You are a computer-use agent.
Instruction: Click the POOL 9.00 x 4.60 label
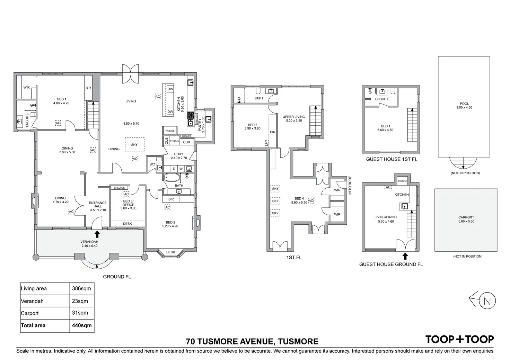(x=464, y=106)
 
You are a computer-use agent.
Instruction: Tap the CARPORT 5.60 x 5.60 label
(x=466, y=219)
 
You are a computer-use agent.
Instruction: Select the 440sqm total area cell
(x=82, y=325)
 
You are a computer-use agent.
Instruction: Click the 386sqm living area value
(x=81, y=288)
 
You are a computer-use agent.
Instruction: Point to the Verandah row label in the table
(x=32, y=301)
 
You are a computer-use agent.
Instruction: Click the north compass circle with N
(x=487, y=301)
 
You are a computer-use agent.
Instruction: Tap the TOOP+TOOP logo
(x=460, y=339)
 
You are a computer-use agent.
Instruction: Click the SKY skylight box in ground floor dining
(x=134, y=144)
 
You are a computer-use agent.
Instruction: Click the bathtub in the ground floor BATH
(x=172, y=177)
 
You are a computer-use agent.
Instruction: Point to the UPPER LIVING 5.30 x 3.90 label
(x=294, y=118)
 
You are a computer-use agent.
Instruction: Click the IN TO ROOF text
(x=350, y=185)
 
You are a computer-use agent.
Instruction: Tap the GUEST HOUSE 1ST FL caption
(x=392, y=159)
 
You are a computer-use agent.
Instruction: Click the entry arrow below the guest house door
(x=405, y=256)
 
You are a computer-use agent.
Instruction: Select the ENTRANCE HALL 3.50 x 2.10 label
(x=98, y=206)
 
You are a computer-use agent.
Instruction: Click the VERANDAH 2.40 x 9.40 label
(x=89, y=244)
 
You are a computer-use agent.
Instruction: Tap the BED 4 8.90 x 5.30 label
(x=299, y=200)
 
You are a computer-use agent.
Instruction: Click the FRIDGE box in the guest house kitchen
(x=402, y=181)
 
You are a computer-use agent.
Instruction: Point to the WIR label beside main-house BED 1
(x=26, y=87)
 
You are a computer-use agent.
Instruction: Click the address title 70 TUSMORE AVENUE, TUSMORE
(x=252, y=341)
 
